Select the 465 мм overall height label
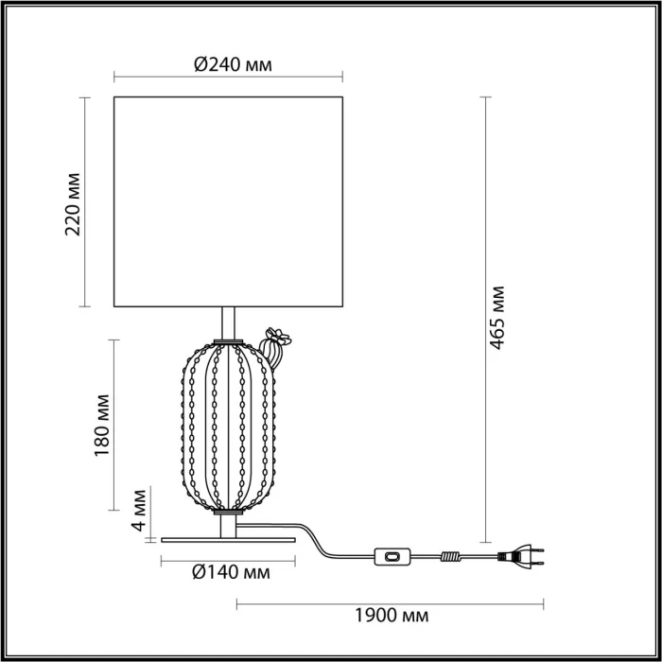(497, 319)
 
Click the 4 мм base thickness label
(140, 511)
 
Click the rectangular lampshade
(228, 201)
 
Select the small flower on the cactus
(278, 336)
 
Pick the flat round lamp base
(228, 540)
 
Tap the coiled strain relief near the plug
(452, 558)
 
